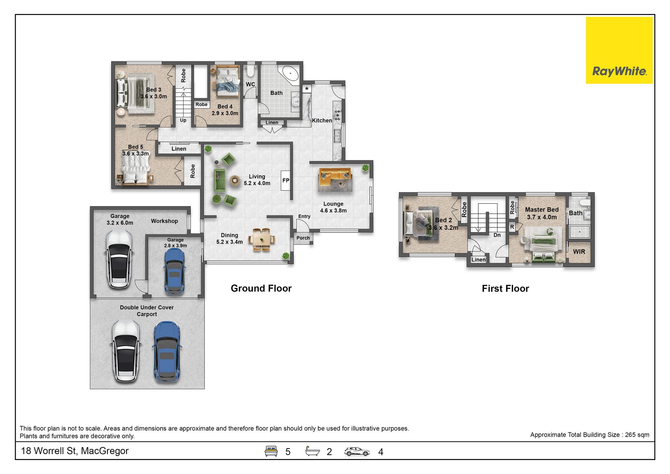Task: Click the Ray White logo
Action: [x=619, y=50]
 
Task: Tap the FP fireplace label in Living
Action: [x=286, y=181]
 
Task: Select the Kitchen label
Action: [x=322, y=121]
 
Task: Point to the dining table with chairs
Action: [x=262, y=240]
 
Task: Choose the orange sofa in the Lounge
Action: [x=335, y=177]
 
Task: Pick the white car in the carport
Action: [x=126, y=351]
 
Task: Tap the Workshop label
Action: [x=164, y=221]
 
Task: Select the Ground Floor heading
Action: [x=261, y=288]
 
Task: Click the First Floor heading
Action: [x=505, y=289]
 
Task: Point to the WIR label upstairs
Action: [x=579, y=251]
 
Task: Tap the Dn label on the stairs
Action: [x=497, y=235]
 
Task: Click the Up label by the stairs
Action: [x=183, y=120]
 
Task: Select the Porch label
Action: [x=303, y=238]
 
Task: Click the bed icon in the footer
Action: [x=271, y=451]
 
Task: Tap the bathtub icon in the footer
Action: [x=312, y=451]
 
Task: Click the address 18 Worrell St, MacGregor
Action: [x=75, y=451]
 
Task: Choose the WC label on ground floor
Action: [x=250, y=84]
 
